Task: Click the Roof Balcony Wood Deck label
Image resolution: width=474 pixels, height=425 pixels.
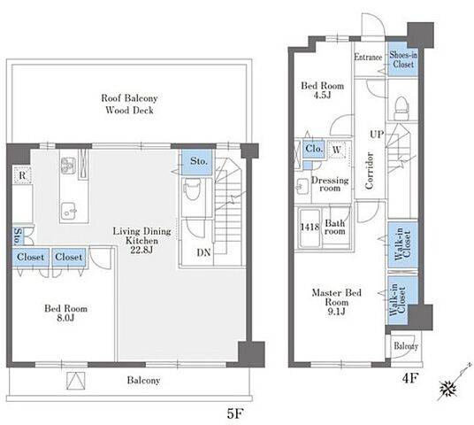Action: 129,104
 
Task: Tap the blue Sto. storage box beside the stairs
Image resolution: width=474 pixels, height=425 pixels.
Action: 197,162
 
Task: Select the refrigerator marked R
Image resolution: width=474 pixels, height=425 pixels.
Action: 22,175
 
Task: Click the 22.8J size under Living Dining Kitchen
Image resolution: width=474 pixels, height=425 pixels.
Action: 141,250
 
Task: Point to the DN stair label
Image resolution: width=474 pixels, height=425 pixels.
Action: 203,252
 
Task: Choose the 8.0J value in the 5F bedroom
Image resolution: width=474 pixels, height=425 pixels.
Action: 65,318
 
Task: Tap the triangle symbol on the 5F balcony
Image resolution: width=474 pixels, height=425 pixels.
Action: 75,381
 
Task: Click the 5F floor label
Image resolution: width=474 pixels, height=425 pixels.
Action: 235,413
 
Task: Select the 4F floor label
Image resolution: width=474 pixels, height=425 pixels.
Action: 409,378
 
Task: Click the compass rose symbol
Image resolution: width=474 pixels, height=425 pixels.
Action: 447,388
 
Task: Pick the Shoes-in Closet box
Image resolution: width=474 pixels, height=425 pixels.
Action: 403,58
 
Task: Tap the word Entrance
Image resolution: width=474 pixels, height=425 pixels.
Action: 368,57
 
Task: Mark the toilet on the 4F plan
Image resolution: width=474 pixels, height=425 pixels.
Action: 401,108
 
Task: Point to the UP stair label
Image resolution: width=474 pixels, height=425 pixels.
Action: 377,134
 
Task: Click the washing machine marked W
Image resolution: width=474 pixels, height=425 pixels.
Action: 336,150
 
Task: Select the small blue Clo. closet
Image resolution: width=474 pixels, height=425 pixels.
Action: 314,149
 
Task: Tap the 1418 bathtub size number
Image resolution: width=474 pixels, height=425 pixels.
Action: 310,227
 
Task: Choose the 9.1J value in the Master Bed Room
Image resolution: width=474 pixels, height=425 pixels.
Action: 336,312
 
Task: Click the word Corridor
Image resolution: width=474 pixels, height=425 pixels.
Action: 369,171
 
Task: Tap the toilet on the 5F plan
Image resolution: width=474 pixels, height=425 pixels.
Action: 192,189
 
